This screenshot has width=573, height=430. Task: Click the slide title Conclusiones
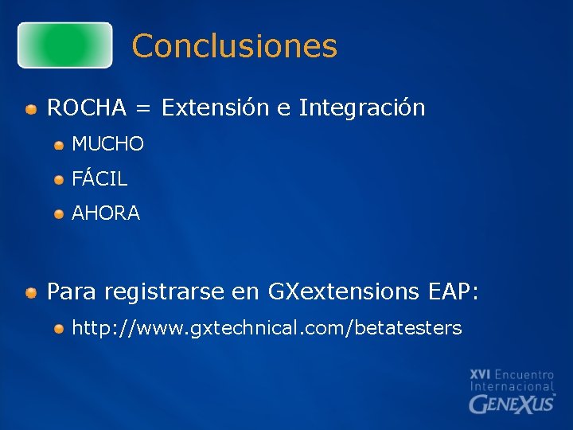tap(235, 46)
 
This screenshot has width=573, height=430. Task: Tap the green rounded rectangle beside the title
tap(65, 45)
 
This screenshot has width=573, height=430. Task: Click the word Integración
tap(362, 108)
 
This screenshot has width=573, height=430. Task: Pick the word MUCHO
tap(107, 144)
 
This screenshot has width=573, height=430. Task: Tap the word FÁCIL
tap(99, 179)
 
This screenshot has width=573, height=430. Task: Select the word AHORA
tap(106, 213)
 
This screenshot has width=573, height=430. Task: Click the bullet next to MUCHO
tap(60, 145)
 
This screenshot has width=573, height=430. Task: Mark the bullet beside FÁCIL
tap(60, 180)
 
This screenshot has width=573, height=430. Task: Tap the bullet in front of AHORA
tap(60, 214)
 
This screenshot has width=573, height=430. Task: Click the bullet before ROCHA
tap(30, 109)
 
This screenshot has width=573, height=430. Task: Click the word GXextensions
tap(343, 292)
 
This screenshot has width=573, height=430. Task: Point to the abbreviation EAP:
tap(452, 292)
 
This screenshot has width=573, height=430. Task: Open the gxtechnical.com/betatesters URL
tap(267, 328)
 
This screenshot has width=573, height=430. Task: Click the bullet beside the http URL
tap(60, 329)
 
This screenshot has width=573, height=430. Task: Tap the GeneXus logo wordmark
tap(512, 403)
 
